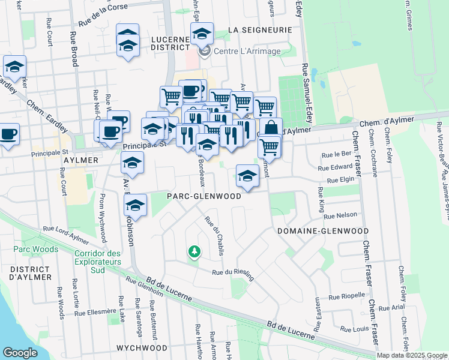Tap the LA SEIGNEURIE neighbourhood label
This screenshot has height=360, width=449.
261,29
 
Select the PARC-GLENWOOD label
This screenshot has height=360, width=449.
204,196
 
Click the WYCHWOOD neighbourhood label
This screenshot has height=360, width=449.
142,348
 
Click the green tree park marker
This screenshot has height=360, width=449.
193,251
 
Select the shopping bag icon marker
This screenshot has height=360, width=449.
271,127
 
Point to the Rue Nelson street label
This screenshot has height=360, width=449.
342,215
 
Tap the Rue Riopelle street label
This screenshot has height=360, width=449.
348,296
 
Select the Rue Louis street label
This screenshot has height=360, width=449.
354,329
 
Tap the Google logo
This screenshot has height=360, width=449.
20,353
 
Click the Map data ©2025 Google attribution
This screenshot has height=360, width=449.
412,355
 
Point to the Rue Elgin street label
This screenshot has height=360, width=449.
341,179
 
